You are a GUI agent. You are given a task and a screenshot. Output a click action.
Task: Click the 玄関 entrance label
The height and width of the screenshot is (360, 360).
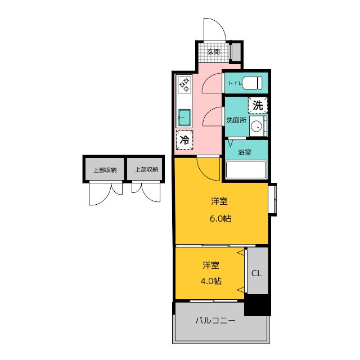pyautogui.click(x=214, y=52)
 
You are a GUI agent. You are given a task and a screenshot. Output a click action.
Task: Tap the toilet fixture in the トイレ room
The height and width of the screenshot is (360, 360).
pyautogui.click(x=251, y=83)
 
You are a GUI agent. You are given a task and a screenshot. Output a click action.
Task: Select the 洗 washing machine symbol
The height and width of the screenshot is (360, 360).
pyautogui.click(x=258, y=106)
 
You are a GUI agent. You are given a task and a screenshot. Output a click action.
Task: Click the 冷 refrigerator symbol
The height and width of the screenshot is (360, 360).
pyautogui.click(x=184, y=140)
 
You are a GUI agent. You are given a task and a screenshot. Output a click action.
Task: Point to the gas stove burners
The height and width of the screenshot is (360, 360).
pyautogui.click(x=184, y=84)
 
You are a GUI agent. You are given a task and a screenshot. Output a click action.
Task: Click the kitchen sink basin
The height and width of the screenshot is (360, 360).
pyautogui.click(x=184, y=118)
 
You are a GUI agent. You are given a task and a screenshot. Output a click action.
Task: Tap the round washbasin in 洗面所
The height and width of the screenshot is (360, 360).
pyautogui.click(x=256, y=126)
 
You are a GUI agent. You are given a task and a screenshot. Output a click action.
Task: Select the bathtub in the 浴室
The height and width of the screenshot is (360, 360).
pyautogui.click(x=246, y=170)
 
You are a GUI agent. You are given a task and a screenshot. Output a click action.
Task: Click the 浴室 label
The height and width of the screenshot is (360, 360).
pyautogui.click(x=245, y=152)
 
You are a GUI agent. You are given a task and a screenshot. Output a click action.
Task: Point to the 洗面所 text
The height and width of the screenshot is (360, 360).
pyautogui.click(x=236, y=120)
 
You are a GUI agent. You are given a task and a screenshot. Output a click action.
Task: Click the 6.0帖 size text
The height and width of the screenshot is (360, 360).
pyautogui.click(x=220, y=219)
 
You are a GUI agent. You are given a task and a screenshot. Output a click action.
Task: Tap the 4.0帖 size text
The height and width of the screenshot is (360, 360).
pyautogui.click(x=211, y=281)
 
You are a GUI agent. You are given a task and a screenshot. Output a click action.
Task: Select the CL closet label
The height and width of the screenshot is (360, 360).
pyautogui.click(x=256, y=273)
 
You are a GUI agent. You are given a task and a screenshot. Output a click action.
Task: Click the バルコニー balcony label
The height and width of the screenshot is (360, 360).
pyautogui.click(x=215, y=321)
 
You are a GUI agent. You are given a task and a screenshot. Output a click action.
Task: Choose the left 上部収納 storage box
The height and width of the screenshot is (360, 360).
pyautogui.click(x=103, y=169)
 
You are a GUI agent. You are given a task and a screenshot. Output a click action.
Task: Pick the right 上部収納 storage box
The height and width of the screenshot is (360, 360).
pyautogui.click(x=146, y=169)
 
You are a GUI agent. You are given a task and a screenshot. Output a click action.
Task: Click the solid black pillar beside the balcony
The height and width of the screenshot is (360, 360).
pyautogui.click(x=258, y=305)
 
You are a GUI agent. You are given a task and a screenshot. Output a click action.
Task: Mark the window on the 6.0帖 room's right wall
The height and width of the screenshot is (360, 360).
pyautogui.click(x=272, y=199)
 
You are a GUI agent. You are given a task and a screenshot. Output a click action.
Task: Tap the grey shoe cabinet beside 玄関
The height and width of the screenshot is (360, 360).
pyautogui.click(x=236, y=52)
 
